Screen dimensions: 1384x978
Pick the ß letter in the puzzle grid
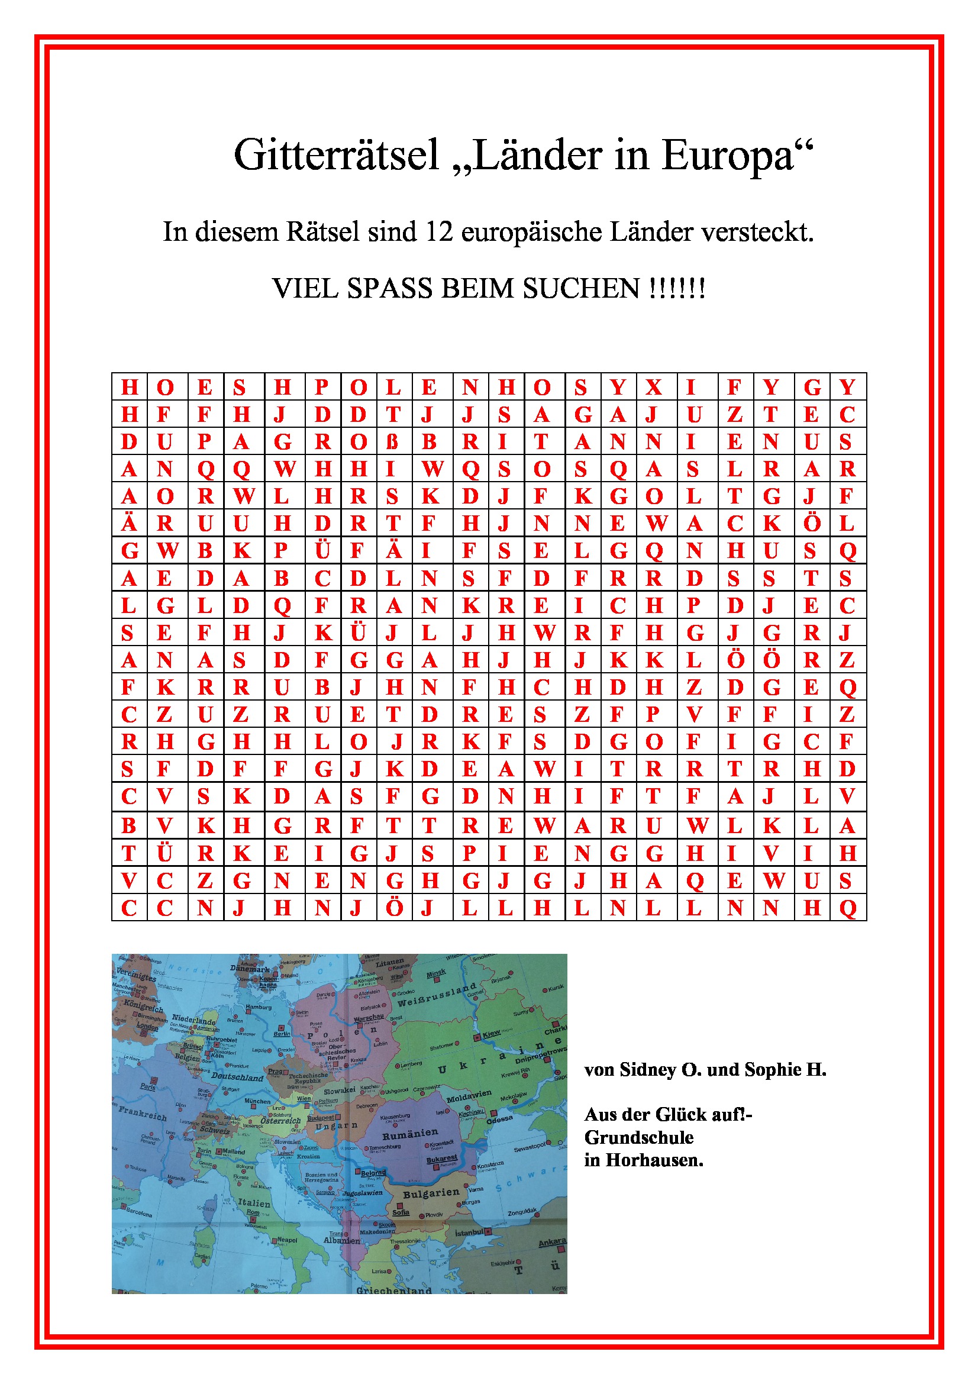pos(392,442)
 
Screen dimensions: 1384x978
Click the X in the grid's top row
pos(654,387)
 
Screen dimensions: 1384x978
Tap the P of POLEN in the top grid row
pos(322,387)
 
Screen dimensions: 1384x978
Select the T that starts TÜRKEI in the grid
pos(128,854)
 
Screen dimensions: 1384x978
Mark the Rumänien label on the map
pos(410,1134)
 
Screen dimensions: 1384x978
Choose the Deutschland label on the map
pos(237,1076)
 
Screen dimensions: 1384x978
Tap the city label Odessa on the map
pos(499,1120)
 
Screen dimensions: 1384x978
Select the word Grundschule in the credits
pos(639,1137)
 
